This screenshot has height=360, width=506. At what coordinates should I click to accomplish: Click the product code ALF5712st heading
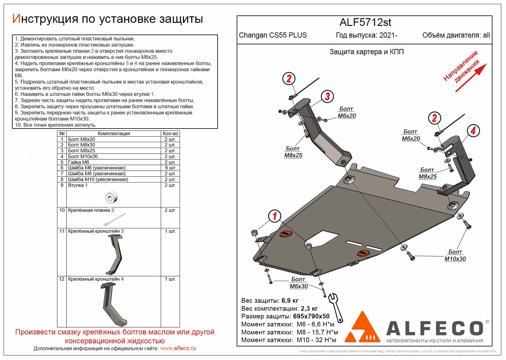365,22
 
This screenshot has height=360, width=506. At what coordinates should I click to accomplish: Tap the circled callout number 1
274,216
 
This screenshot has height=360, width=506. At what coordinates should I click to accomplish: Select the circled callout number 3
327,96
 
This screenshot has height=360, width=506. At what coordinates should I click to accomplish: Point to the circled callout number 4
472,131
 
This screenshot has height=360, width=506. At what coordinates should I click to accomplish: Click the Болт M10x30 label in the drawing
455,256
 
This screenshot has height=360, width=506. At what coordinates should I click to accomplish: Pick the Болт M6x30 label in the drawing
298,283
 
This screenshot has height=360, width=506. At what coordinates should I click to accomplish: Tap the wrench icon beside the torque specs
336,307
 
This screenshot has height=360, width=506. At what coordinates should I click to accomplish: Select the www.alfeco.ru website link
178,349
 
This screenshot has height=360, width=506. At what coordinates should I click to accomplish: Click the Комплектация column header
114,134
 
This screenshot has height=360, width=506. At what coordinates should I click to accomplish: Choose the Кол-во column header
170,134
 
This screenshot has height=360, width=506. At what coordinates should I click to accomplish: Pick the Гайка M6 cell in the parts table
79,162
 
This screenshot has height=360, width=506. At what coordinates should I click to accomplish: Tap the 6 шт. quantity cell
170,168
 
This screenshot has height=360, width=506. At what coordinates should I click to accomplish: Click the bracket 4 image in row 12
113,304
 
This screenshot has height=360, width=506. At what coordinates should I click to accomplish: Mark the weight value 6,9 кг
290,301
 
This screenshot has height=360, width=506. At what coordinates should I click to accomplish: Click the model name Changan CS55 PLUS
273,35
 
